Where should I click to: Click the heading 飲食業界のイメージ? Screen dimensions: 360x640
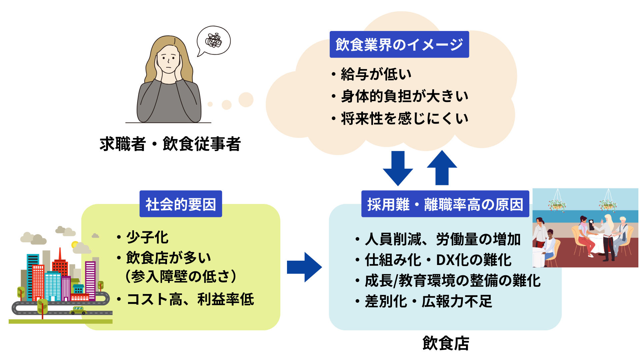tap(399, 44)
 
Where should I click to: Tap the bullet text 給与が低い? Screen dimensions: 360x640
tap(376, 74)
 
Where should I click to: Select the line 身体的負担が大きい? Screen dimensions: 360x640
tap(404, 96)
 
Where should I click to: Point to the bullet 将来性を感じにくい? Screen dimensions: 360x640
tap(404, 119)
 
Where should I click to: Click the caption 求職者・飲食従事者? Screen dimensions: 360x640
tap(170, 144)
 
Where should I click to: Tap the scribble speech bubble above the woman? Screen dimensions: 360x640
tap(214, 41)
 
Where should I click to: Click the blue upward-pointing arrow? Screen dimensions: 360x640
tap(442, 167)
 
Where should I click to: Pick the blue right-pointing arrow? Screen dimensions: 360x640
tap(304, 267)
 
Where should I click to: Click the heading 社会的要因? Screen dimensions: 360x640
tap(181, 204)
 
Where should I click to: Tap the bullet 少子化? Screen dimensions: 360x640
tap(147, 237)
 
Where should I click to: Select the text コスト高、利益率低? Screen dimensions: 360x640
tap(190, 299)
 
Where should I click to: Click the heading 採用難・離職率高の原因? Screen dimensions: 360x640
tap(445, 204)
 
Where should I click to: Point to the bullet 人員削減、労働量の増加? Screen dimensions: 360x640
tap(443, 239)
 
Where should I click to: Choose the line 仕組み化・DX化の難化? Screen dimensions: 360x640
tap(438, 260)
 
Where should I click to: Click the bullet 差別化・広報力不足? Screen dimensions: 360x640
tap(428, 301)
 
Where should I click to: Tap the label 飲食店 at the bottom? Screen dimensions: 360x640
tap(446, 343)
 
